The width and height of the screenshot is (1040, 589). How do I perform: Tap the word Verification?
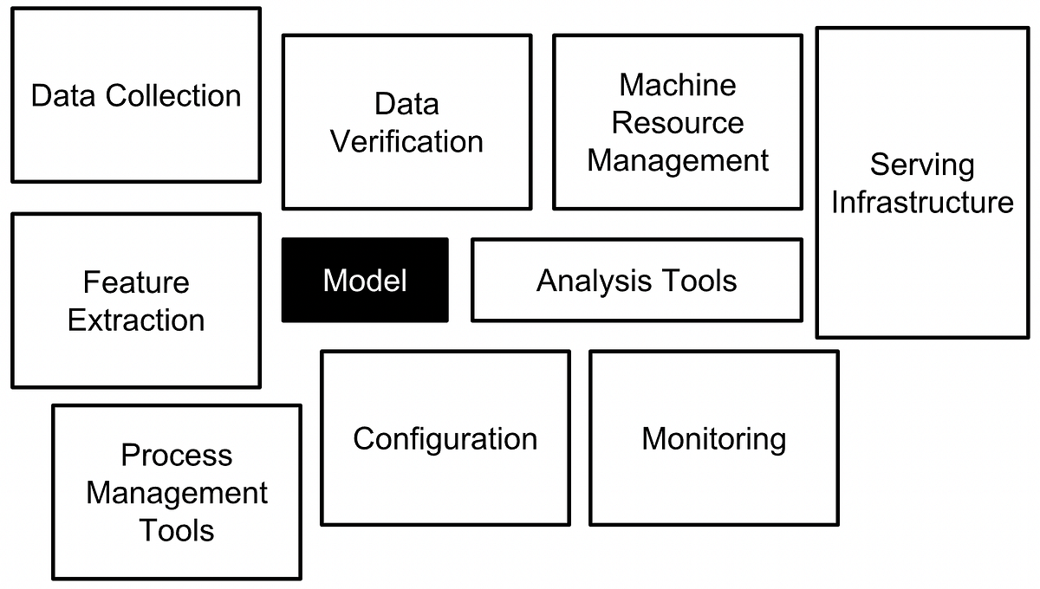(406, 142)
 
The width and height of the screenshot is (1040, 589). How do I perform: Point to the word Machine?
(678, 85)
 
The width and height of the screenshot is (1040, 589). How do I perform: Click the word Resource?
(678, 123)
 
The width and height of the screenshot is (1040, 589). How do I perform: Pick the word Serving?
(922, 165)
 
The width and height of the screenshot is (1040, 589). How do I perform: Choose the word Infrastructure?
(922, 203)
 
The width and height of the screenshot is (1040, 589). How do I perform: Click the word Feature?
(136, 282)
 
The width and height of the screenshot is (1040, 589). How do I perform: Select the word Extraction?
(136, 320)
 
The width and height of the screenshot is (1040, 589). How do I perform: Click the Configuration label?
(445, 438)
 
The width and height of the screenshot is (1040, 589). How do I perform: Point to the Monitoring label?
(714, 438)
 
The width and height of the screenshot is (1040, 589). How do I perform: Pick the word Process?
(177, 456)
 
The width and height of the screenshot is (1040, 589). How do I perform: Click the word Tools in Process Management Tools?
(177, 530)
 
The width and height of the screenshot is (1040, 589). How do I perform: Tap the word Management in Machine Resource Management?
(678, 161)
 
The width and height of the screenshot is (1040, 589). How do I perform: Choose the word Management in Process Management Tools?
(177, 494)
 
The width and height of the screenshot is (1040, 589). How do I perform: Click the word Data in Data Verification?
(406, 105)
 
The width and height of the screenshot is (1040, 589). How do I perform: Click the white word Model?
(365, 281)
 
